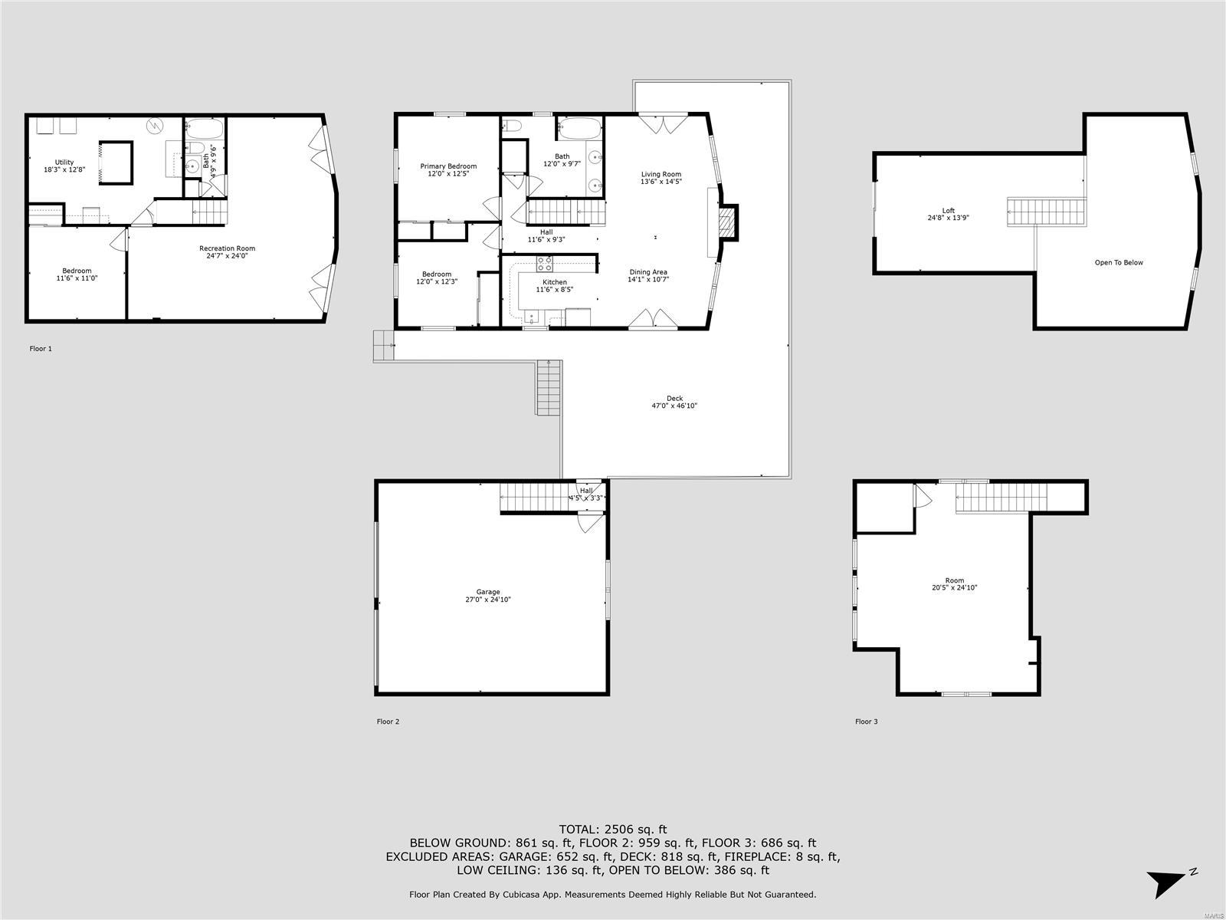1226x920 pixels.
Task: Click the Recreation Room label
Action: coord(227,248)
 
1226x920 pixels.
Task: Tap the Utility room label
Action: coord(64,162)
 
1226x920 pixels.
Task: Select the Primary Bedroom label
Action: coord(448,166)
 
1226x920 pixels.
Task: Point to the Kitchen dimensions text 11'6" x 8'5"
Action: coord(554,290)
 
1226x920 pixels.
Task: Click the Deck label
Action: coord(674,398)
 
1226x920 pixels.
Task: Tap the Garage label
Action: coord(488,592)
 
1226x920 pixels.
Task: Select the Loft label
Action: coord(949,210)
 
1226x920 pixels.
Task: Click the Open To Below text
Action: coord(1119,262)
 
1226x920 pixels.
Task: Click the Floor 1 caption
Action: coord(41,349)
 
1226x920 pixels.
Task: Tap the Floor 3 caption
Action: coord(867,721)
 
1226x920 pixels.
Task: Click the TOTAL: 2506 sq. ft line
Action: coord(613,829)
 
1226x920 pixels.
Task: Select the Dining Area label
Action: coord(648,272)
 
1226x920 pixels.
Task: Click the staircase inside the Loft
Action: coord(1047,211)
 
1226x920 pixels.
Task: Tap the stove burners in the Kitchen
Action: coord(545,264)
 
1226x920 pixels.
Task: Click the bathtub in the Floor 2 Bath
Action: coord(579,128)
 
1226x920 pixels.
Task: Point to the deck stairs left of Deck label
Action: coord(549,387)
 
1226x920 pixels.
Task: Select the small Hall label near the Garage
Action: coord(586,491)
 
